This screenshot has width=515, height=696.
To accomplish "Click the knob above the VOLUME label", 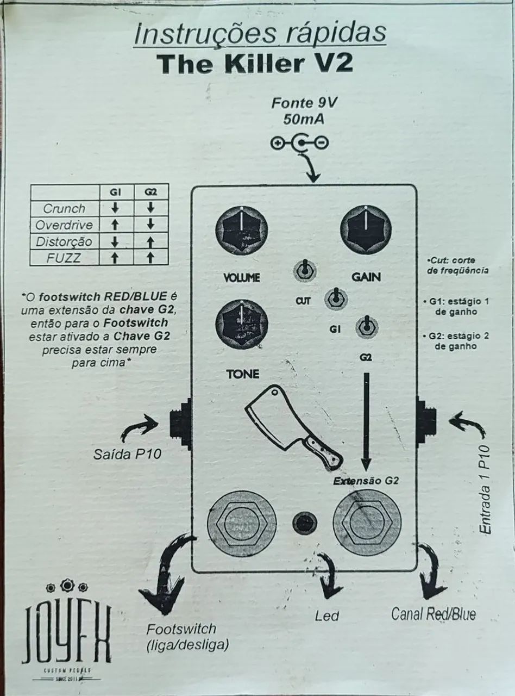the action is pyautogui.click(x=242, y=233).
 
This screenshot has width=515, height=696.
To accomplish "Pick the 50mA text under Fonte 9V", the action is pyautogui.click(x=304, y=119).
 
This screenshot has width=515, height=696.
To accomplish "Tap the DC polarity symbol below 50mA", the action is pyautogui.click(x=299, y=144).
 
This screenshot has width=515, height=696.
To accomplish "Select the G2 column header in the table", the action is pyautogui.click(x=150, y=192).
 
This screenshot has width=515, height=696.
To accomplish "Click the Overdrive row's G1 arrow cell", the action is pyautogui.click(x=115, y=225).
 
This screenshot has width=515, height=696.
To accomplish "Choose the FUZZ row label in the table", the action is pyautogui.click(x=64, y=258).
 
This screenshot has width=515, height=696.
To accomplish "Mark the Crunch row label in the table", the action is pyautogui.click(x=64, y=208).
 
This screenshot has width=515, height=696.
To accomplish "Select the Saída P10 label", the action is pyautogui.click(x=127, y=454).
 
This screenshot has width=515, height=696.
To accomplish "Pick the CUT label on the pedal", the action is pyautogui.click(x=303, y=301).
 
